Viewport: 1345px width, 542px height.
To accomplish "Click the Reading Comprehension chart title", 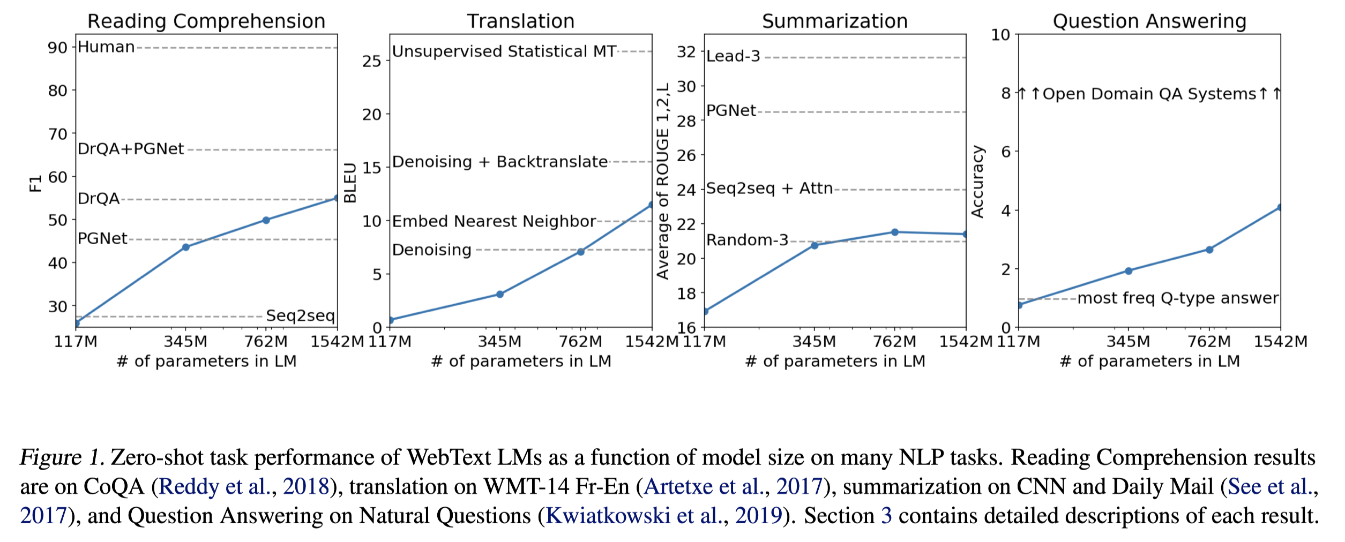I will coord(206,21).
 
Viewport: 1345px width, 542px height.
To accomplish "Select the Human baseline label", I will coord(106,47).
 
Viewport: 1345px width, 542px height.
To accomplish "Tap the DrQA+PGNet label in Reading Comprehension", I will coord(131,149).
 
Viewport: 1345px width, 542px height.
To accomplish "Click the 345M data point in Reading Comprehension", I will coord(185,247).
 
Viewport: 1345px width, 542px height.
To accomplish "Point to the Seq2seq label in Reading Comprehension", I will coord(300,315).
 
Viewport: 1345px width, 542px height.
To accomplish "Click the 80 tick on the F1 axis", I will coord(57,91).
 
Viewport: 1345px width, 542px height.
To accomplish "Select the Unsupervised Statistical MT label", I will coord(504,51).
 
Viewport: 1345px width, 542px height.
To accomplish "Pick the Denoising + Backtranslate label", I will coord(500,162).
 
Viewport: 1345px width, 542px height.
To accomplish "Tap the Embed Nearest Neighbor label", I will coord(494,221).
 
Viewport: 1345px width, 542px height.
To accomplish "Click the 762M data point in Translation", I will coord(580,251).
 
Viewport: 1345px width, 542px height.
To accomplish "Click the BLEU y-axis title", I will coord(350,183).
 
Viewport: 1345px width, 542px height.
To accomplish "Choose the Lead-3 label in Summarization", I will coord(733,56).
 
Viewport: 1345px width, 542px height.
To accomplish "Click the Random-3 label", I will coord(747,240).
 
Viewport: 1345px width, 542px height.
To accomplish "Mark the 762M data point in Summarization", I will coord(895,232).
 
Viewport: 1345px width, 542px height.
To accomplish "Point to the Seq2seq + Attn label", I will coord(769,189).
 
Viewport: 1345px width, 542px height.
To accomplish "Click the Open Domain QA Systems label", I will coord(1149,94).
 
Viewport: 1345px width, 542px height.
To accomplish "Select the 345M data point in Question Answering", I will coord(1129,270).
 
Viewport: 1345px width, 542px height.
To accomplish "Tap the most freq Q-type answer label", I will coord(1178,298).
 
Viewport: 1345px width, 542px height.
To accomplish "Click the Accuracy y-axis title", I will coord(977,182).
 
